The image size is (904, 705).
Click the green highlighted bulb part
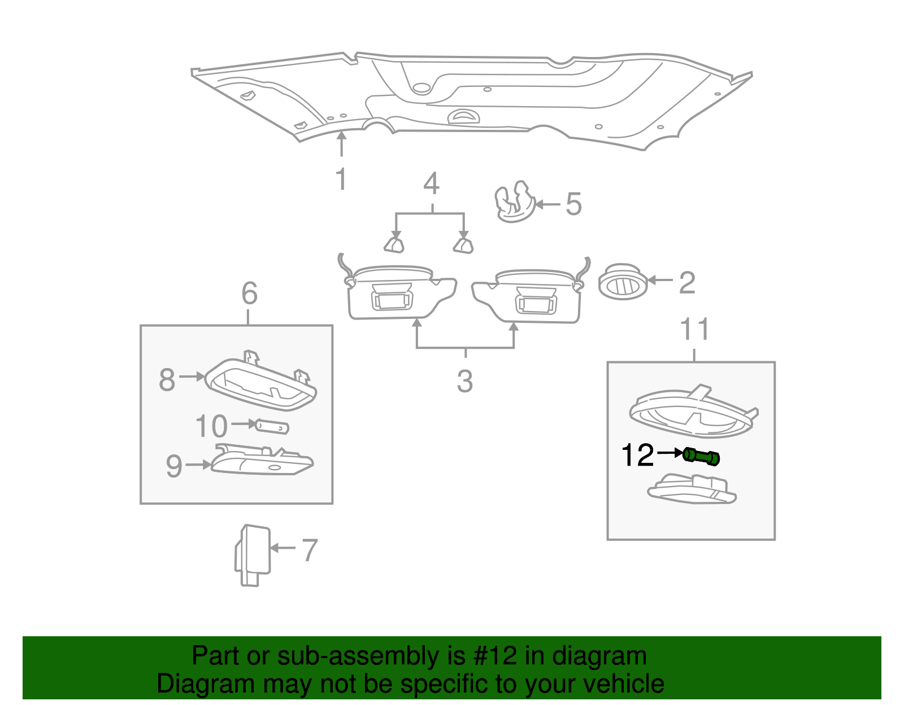(701, 456)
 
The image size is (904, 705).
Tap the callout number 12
(637, 455)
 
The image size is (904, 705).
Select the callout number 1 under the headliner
(341, 179)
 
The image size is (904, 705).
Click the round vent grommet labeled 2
(623, 281)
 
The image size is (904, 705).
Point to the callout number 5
(573, 204)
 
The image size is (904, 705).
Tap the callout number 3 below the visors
(464, 382)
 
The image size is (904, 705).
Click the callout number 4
(431, 184)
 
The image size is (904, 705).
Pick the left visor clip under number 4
(394, 245)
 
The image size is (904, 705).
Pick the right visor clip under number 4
(463, 246)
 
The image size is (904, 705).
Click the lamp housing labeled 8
(260, 384)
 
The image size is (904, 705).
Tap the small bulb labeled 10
(272, 427)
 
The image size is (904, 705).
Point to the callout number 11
(694, 329)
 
